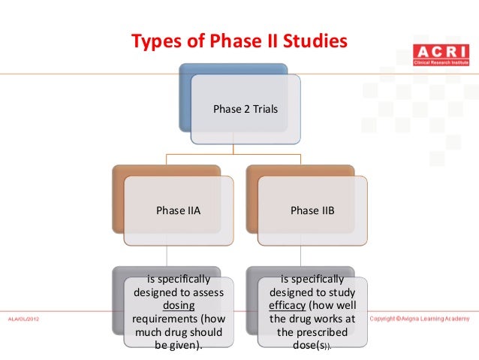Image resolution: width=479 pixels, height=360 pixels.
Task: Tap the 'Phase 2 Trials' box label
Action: (x=245, y=109)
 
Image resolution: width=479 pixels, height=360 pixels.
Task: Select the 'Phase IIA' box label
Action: (x=178, y=210)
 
